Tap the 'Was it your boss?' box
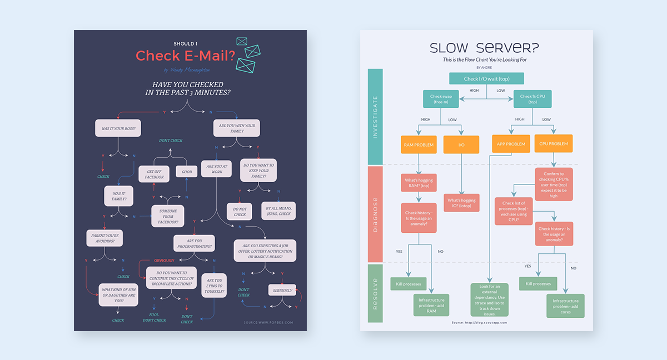118,128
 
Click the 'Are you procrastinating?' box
195,243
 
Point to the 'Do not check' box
240,211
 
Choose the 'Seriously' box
282,290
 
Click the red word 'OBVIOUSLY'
164,261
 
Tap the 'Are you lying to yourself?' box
215,285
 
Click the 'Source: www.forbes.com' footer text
268,322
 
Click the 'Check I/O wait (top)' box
486,79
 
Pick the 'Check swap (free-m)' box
441,99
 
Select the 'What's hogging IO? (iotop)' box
461,203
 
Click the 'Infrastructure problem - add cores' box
565,306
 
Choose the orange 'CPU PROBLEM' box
554,144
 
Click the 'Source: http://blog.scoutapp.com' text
479,322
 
